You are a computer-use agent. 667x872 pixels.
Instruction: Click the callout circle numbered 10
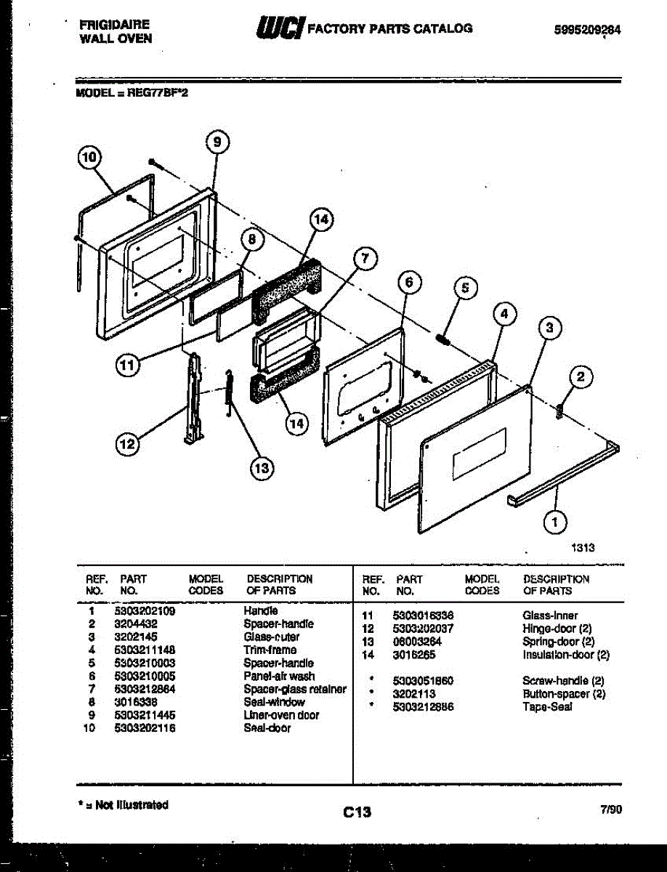click(x=89, y=158)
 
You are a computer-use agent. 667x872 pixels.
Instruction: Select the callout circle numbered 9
click(x=217, y=142)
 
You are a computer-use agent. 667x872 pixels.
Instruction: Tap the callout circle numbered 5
click(x=466, y=288)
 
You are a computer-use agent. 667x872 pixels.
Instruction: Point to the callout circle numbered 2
click(x=580, y=376)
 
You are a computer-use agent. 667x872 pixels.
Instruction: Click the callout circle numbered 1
click(x=556, y=520)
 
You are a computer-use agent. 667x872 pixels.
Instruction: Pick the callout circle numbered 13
click(x=262, y=469)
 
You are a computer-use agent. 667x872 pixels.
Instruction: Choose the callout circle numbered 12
click(x=128, y=445)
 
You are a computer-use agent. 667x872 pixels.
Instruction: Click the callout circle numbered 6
click(x=410, y=282)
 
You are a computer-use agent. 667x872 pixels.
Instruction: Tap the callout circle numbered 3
click(x=551, y=329)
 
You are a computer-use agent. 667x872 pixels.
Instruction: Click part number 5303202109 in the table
click(x=145, y=611)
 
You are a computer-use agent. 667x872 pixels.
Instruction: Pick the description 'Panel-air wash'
click(x=279, y=676)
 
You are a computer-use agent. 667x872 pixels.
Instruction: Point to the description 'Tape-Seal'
click(x=547, y=706)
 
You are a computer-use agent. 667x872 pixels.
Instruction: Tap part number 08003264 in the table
click(x=417, y=642)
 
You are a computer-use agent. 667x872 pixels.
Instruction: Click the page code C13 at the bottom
click(x=357, y=812)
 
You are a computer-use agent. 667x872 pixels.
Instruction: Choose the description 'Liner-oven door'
click(x=281, y=715)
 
